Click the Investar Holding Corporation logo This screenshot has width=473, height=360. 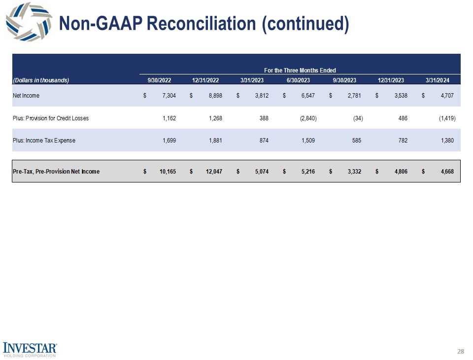pos(30,349)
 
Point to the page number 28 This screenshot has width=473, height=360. pos(461,352)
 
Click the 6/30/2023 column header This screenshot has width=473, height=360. pos(298,80)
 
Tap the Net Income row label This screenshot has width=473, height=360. pos(26,96)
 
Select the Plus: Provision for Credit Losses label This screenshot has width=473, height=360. pos(51,118)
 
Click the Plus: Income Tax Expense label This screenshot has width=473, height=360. pos(44,141)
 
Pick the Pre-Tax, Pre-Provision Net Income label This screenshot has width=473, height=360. pos(56,172)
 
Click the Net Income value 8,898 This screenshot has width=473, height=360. pos(215,96)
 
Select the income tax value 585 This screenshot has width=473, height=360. pos(357,141)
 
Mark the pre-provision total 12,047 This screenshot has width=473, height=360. pos(213,172)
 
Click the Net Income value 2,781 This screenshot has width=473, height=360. pos(355,96)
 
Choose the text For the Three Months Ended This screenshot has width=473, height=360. pos(300,71)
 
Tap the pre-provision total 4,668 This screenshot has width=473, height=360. pos(446,172)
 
